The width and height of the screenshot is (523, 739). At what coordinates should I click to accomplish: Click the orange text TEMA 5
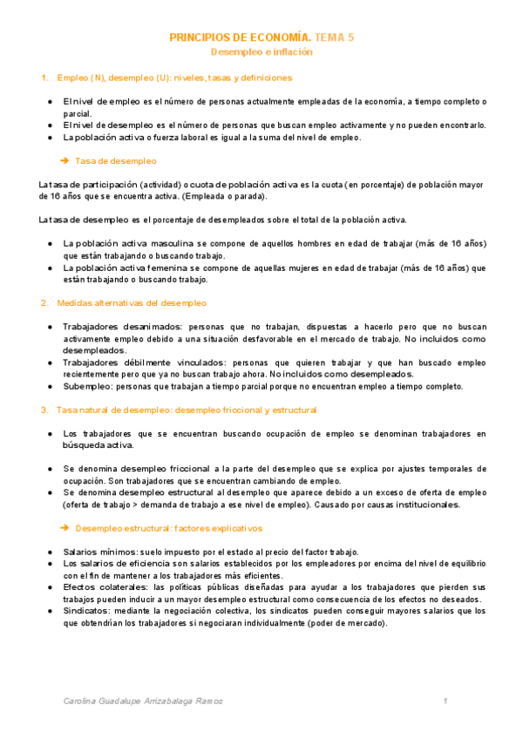(335, 38)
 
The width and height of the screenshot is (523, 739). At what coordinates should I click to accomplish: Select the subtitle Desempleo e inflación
(262, 52)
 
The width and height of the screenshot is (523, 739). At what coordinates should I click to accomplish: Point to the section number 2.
(44, 303)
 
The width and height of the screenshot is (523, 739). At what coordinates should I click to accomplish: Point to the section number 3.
(44, 410)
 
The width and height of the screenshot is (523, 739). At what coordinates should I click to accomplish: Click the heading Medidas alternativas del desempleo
(132, 303)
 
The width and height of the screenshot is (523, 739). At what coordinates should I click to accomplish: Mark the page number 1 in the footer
(445, 701)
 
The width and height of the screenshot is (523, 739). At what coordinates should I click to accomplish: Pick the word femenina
(164, 268)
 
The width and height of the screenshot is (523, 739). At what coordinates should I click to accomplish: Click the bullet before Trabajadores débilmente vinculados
(51, 363)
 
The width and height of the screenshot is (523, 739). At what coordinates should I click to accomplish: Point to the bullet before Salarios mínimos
(51, 552)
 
